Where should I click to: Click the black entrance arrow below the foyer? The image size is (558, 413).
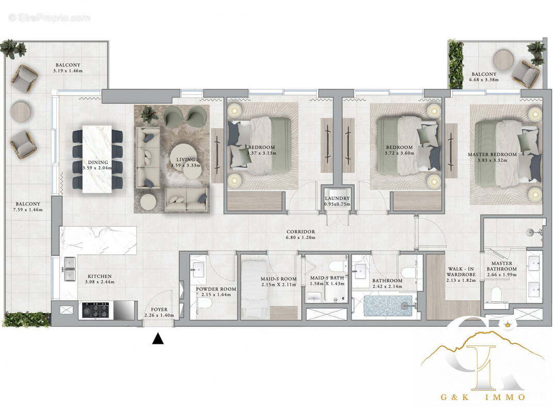pyautogui.click(x=158, y=339)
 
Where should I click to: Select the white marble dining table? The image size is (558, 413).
pyautogui.click(x=97, y=159)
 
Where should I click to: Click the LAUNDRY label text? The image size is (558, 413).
pyautogui.click(x=337, y=198)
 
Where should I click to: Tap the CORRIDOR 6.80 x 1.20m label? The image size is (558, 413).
pyautogui.click(x=301, y=235)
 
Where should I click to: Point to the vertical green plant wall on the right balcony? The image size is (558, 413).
pyautogui.click(x=455, y=64)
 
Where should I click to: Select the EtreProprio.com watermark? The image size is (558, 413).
pyautogui.click(x=49, y=18)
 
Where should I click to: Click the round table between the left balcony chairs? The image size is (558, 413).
pyautogui.click(x=21, y=110)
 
